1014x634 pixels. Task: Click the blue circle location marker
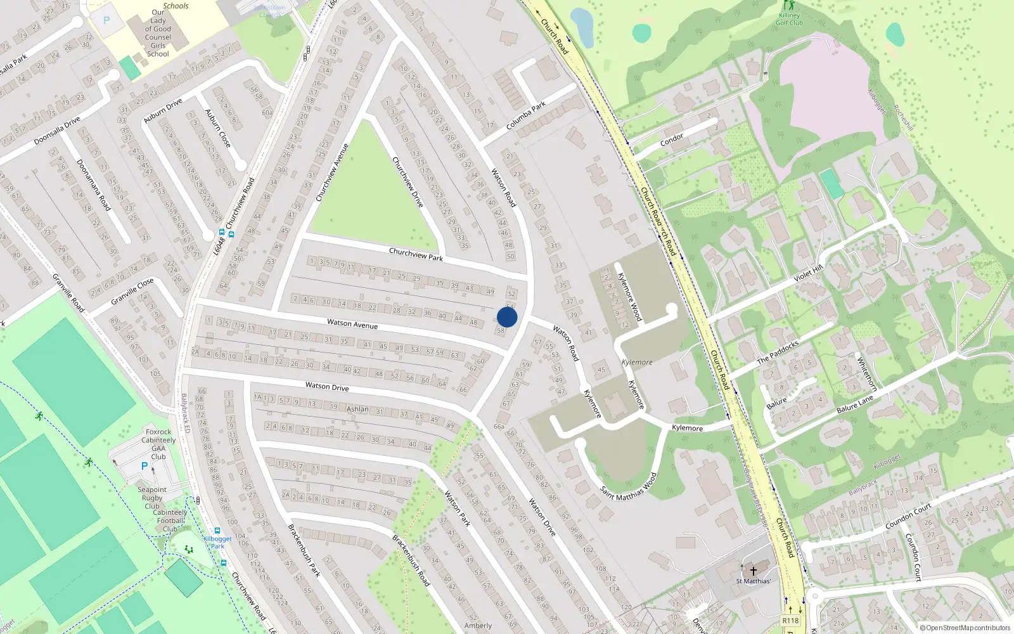507,317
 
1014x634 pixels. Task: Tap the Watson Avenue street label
352,324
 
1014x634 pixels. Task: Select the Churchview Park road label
416,254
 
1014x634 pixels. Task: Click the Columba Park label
525,116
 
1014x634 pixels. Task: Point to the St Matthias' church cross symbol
754,571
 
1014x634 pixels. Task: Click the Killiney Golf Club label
789,19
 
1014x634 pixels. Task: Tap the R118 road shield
790,621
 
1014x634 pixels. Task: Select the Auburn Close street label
217,128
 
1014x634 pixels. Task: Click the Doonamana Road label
93,184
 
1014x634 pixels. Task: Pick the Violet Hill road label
808,273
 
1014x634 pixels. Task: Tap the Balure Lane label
854,404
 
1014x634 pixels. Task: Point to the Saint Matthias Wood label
628,486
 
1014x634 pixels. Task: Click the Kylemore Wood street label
629,296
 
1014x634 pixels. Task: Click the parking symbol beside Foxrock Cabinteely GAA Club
144,466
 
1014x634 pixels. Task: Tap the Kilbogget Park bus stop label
217,542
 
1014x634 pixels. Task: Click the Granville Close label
132,291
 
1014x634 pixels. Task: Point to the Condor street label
672,139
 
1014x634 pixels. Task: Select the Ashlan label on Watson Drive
357,409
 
